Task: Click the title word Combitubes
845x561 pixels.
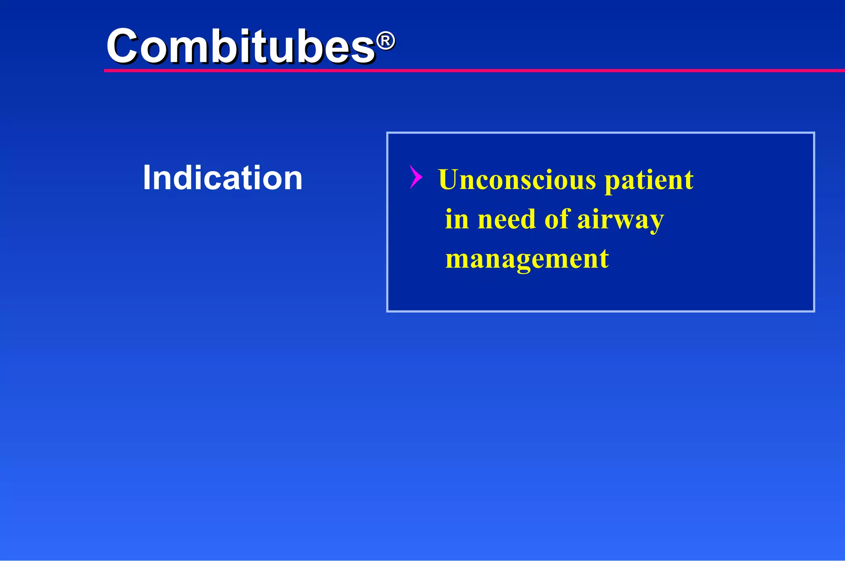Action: [x=241, y=46]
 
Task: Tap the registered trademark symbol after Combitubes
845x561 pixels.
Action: [x=386, y=41]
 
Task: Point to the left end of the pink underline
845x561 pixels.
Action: [x=106, y=71]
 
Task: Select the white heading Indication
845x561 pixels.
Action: [x=222, y=178]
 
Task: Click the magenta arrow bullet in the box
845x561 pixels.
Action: [x=416, y=177]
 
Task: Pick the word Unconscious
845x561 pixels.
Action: [x=517, y=180]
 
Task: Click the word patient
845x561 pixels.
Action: [x=649, y=181]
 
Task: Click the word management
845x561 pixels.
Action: [x=527, y=259]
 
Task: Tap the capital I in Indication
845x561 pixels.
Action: [x=146, y=178]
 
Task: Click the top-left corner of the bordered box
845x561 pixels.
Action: [x=387, y=133]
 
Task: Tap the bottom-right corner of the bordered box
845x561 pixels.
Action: [x=814, y=311]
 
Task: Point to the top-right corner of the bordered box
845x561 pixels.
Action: [x=814, y=133]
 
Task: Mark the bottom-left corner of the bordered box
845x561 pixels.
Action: [x=387, y=311]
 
